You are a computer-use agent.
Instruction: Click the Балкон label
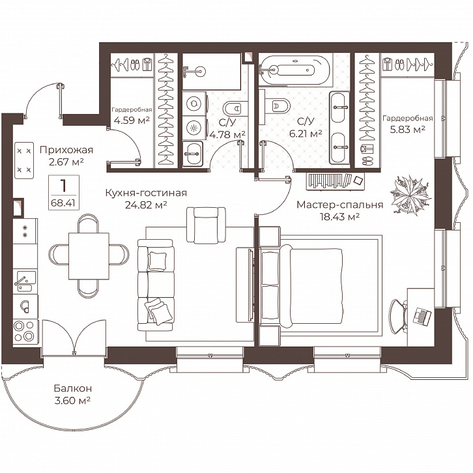point(73,388)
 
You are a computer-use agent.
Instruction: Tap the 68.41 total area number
point(63,203)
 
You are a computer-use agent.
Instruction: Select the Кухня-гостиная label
point(146,193)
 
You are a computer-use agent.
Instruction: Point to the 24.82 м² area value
point(146,205)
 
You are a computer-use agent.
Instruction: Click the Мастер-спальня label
point(340,205)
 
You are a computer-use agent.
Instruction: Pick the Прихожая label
point(66,150)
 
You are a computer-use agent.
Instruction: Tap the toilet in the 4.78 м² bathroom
point(233,108)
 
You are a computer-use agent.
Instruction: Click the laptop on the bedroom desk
point(422,317)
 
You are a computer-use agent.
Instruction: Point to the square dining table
point(89,256)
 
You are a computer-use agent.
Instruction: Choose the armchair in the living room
point(207,225)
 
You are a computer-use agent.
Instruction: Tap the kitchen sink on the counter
point(25,281)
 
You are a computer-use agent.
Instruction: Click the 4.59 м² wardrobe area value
point(132,121)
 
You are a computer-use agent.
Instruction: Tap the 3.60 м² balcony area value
point(73,401)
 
